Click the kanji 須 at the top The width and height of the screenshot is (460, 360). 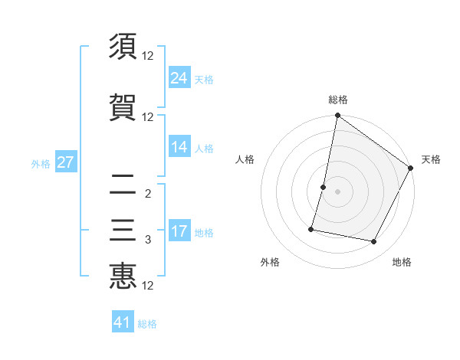[x=123, y=47]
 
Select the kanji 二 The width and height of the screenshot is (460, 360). [x=123, y=184]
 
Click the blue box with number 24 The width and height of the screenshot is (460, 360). [x=179, y=77]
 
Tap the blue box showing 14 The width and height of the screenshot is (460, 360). [x=179, y=147]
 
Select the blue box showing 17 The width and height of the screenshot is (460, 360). [x=179, y=231]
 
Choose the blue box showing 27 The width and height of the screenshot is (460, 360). [x=65, y=162]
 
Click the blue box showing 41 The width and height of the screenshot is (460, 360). [x=123, y=322]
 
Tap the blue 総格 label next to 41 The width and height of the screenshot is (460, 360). [x=147, y=324]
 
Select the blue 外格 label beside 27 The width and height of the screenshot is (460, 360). [x=41, y=163]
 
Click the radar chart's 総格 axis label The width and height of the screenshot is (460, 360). [x=338, y=100]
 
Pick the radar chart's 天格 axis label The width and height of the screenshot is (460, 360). [x=431, y=159]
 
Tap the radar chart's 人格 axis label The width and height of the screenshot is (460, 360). [x=245, y=159]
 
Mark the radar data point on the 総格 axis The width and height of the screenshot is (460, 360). [x=337, y=116]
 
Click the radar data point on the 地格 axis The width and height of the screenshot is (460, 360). [x=374, y=242]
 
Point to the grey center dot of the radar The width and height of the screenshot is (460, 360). [x=337, y=191]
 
